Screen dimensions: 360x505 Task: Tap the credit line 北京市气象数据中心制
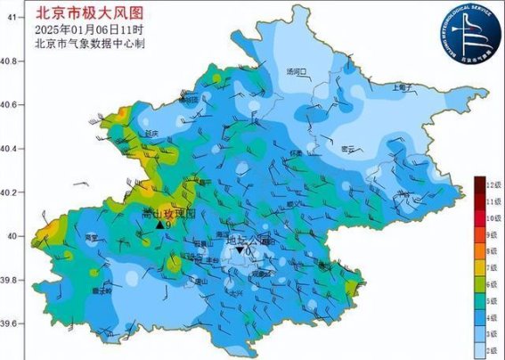89,43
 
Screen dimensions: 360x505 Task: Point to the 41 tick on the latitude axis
9,18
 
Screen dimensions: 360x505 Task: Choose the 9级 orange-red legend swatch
479,234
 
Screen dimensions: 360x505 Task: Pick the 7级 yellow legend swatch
479,268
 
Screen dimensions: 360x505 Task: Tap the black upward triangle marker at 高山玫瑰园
160,225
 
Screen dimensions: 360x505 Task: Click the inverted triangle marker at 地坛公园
240,251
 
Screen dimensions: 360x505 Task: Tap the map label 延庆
150,133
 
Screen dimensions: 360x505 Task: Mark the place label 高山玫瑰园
167,214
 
